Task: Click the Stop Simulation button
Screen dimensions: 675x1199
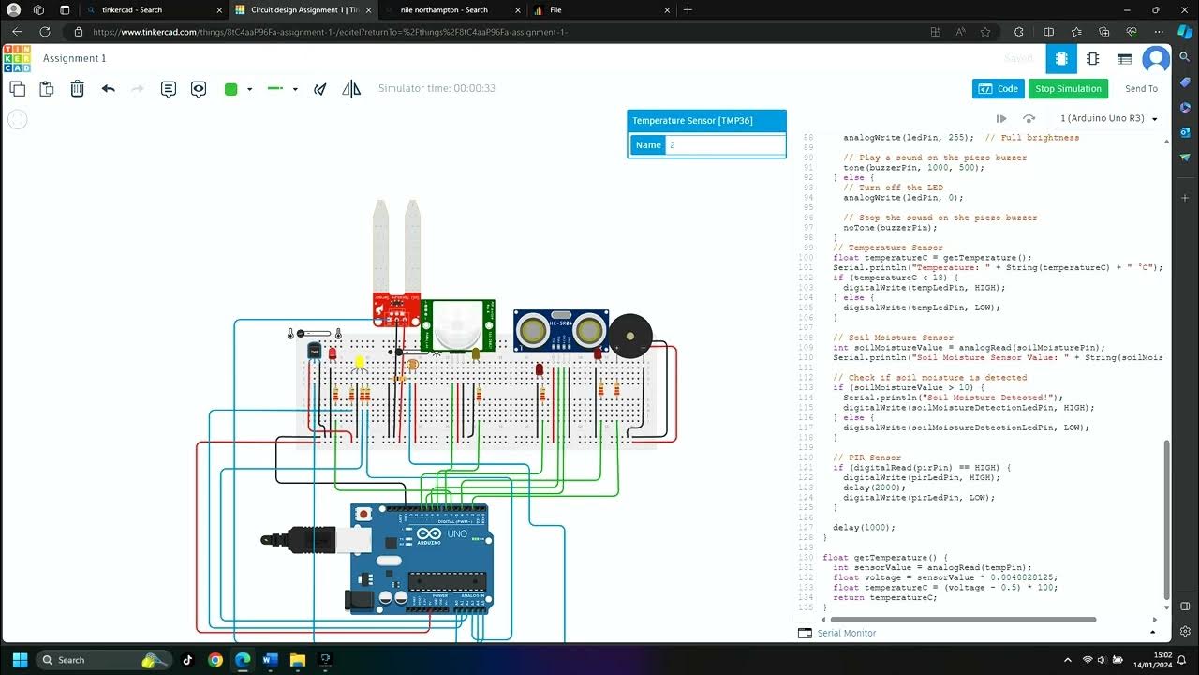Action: (1068, 89)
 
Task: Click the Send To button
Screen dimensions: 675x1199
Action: (1141, 89)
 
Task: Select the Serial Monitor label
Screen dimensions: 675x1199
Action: (846, 634)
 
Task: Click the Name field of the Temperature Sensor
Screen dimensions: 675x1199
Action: (724, 145)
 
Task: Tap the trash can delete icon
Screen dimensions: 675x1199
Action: (78, 89)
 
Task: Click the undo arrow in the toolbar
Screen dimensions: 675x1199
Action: (109, 89)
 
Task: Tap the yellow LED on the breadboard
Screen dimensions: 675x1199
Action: (359, 362)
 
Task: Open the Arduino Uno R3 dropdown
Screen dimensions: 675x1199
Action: (1108, 119)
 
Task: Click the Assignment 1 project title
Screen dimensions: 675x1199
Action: (75, 58)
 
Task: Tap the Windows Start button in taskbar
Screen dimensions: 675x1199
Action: (20, 660)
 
